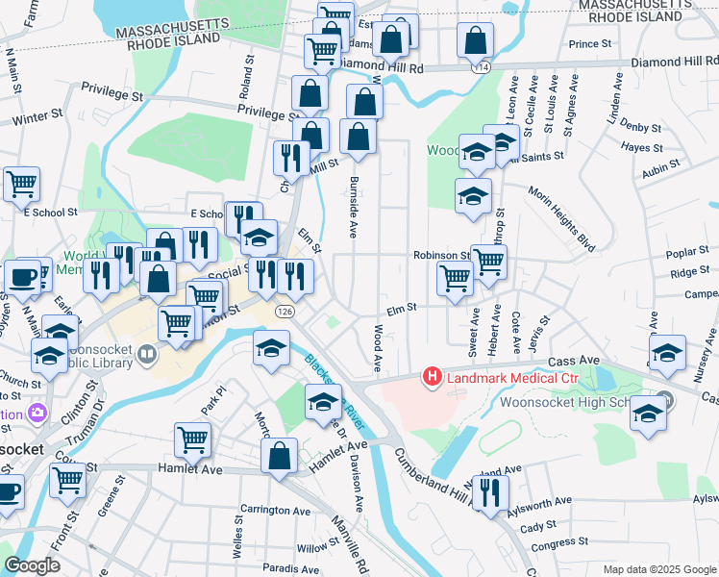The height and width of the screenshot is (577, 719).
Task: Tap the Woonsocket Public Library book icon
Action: pos(146,353)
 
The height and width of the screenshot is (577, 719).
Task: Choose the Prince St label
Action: pos(590,44)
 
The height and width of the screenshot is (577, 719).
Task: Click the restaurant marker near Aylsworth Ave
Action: pos(492,494)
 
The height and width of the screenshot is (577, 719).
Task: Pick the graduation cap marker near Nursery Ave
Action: pos(667,353)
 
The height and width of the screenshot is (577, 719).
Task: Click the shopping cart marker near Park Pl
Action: pos(192,440)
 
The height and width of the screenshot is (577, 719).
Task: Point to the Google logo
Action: pos(32,565)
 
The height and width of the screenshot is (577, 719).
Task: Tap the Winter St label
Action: pos(37,116)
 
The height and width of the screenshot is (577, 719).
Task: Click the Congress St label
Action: pos(553,546)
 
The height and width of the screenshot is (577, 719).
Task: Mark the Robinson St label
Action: pos(440,256)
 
